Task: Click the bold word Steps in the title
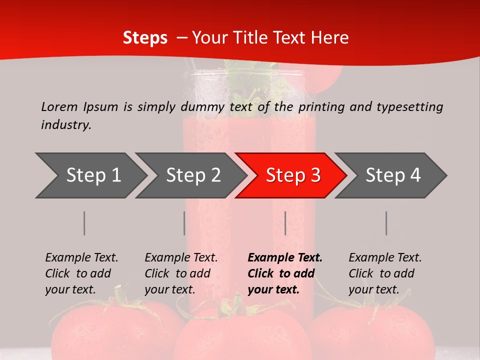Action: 145,38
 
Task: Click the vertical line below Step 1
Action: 84,223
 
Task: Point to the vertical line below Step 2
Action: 184,223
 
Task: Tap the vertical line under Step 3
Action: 285,223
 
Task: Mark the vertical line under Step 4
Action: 386,223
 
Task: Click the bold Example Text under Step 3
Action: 285,273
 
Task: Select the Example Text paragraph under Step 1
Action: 81,273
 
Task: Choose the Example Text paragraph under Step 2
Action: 181,273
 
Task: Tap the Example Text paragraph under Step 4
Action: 385,273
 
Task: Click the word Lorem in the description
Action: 59,106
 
